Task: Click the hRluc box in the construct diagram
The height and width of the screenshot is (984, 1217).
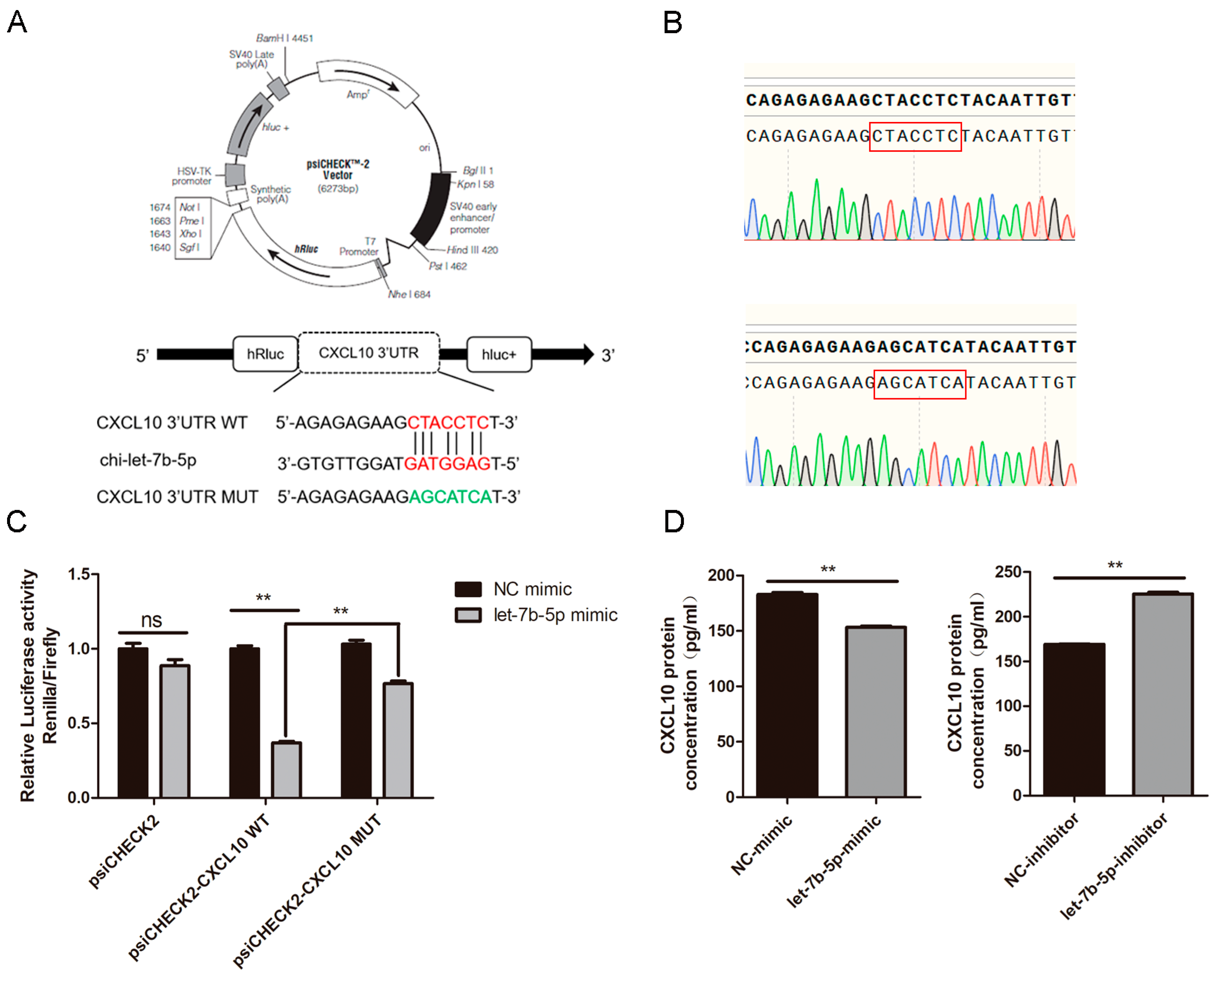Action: pyautogui.click(x=265, y=354)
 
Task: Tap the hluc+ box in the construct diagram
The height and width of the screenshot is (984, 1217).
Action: pyautogui.click(x=498, y=354)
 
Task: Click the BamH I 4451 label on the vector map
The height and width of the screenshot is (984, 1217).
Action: pyautogui.click(x=285, y=38)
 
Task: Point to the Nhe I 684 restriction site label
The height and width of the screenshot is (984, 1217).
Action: pyautogui.click(x=409, y=294)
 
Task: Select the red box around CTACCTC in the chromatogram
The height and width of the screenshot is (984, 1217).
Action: pyautogui.click(x=915, y=136)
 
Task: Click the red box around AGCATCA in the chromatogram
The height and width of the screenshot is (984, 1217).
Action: pyautogui.click(x=919, y=384)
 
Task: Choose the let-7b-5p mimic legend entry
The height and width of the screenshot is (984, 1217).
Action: pyautogui.click(x=536, y=615)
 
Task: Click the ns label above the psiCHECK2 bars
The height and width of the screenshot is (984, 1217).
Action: pyautogui.click(x=151, y=620)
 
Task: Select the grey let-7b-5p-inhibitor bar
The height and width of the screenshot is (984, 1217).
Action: pyautogui.click(x=1163, y=694)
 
